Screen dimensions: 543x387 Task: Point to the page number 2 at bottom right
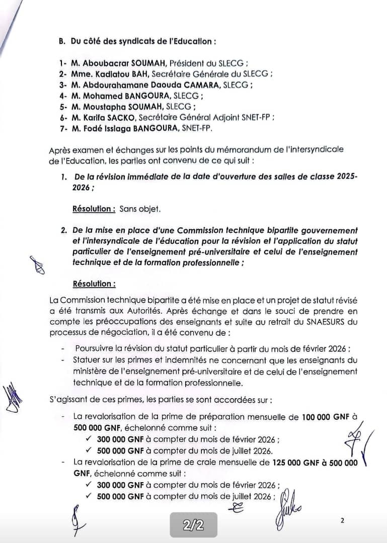tap(342, 521)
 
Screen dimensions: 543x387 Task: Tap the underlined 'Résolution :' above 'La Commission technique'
tap(94, 284)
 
